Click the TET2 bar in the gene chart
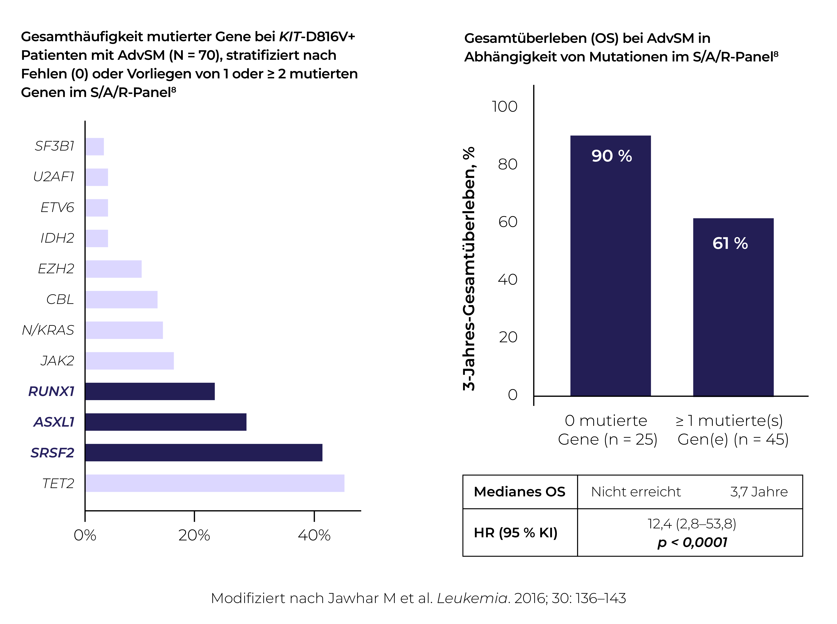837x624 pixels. [x=215, y=483]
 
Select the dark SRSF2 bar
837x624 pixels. [x=204, y=452]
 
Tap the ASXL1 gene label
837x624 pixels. [x=54, y=422]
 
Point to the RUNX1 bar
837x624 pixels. [x=150, y=391]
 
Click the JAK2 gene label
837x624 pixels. [x=57, y=361]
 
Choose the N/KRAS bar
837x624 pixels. [x=124, y=330]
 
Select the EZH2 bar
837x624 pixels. [x=113, y=269]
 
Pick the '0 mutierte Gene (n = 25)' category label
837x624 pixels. [x=607, y=430]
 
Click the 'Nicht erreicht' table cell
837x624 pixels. [x=636, y=492]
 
